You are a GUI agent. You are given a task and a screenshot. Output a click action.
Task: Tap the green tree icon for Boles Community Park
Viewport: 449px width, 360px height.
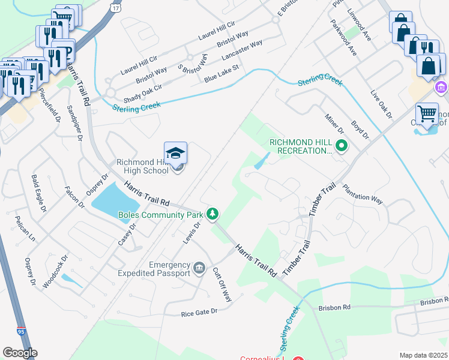coord(212,213)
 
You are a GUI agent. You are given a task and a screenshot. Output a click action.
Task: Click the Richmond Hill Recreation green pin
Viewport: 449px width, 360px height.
coord(342,145)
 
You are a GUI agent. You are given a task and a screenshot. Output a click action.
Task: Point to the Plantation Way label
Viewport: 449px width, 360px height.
coord(362,193)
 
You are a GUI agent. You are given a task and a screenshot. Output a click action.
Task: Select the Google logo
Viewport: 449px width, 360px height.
coord(20,353)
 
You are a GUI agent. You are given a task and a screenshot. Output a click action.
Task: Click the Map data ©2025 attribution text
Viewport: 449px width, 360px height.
coord(424,355)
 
